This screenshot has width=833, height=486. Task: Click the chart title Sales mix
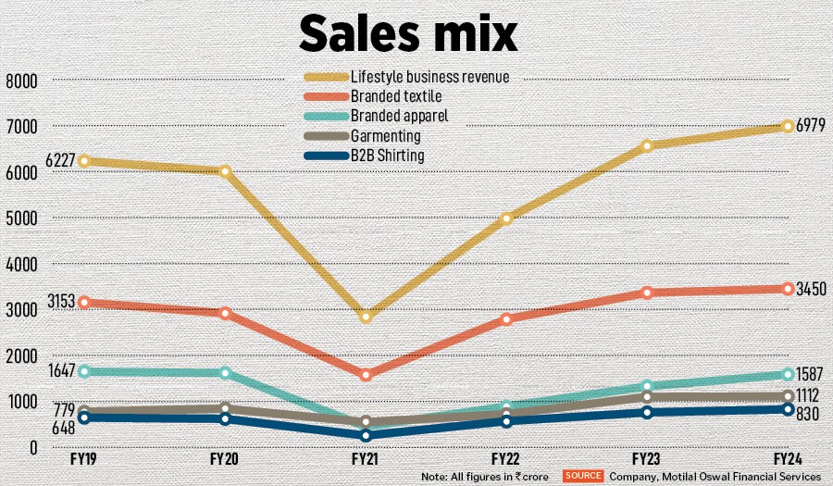[407, 34]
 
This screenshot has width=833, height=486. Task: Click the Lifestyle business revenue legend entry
[429, 76]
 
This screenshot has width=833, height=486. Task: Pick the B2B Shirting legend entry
[387, 156]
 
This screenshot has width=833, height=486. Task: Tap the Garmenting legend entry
[385, 136]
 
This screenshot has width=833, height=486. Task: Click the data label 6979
[812, 126]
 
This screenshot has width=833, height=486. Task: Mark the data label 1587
[812, 375]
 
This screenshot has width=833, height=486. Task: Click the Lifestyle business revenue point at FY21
[366, 317]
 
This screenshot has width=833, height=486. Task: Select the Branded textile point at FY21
[366, 375]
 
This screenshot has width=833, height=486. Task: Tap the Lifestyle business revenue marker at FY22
[506, 218]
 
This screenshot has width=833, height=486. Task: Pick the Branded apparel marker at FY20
[225, 372]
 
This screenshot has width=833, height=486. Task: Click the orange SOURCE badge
[582, 475]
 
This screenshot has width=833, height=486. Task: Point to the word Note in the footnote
[434, 476]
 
